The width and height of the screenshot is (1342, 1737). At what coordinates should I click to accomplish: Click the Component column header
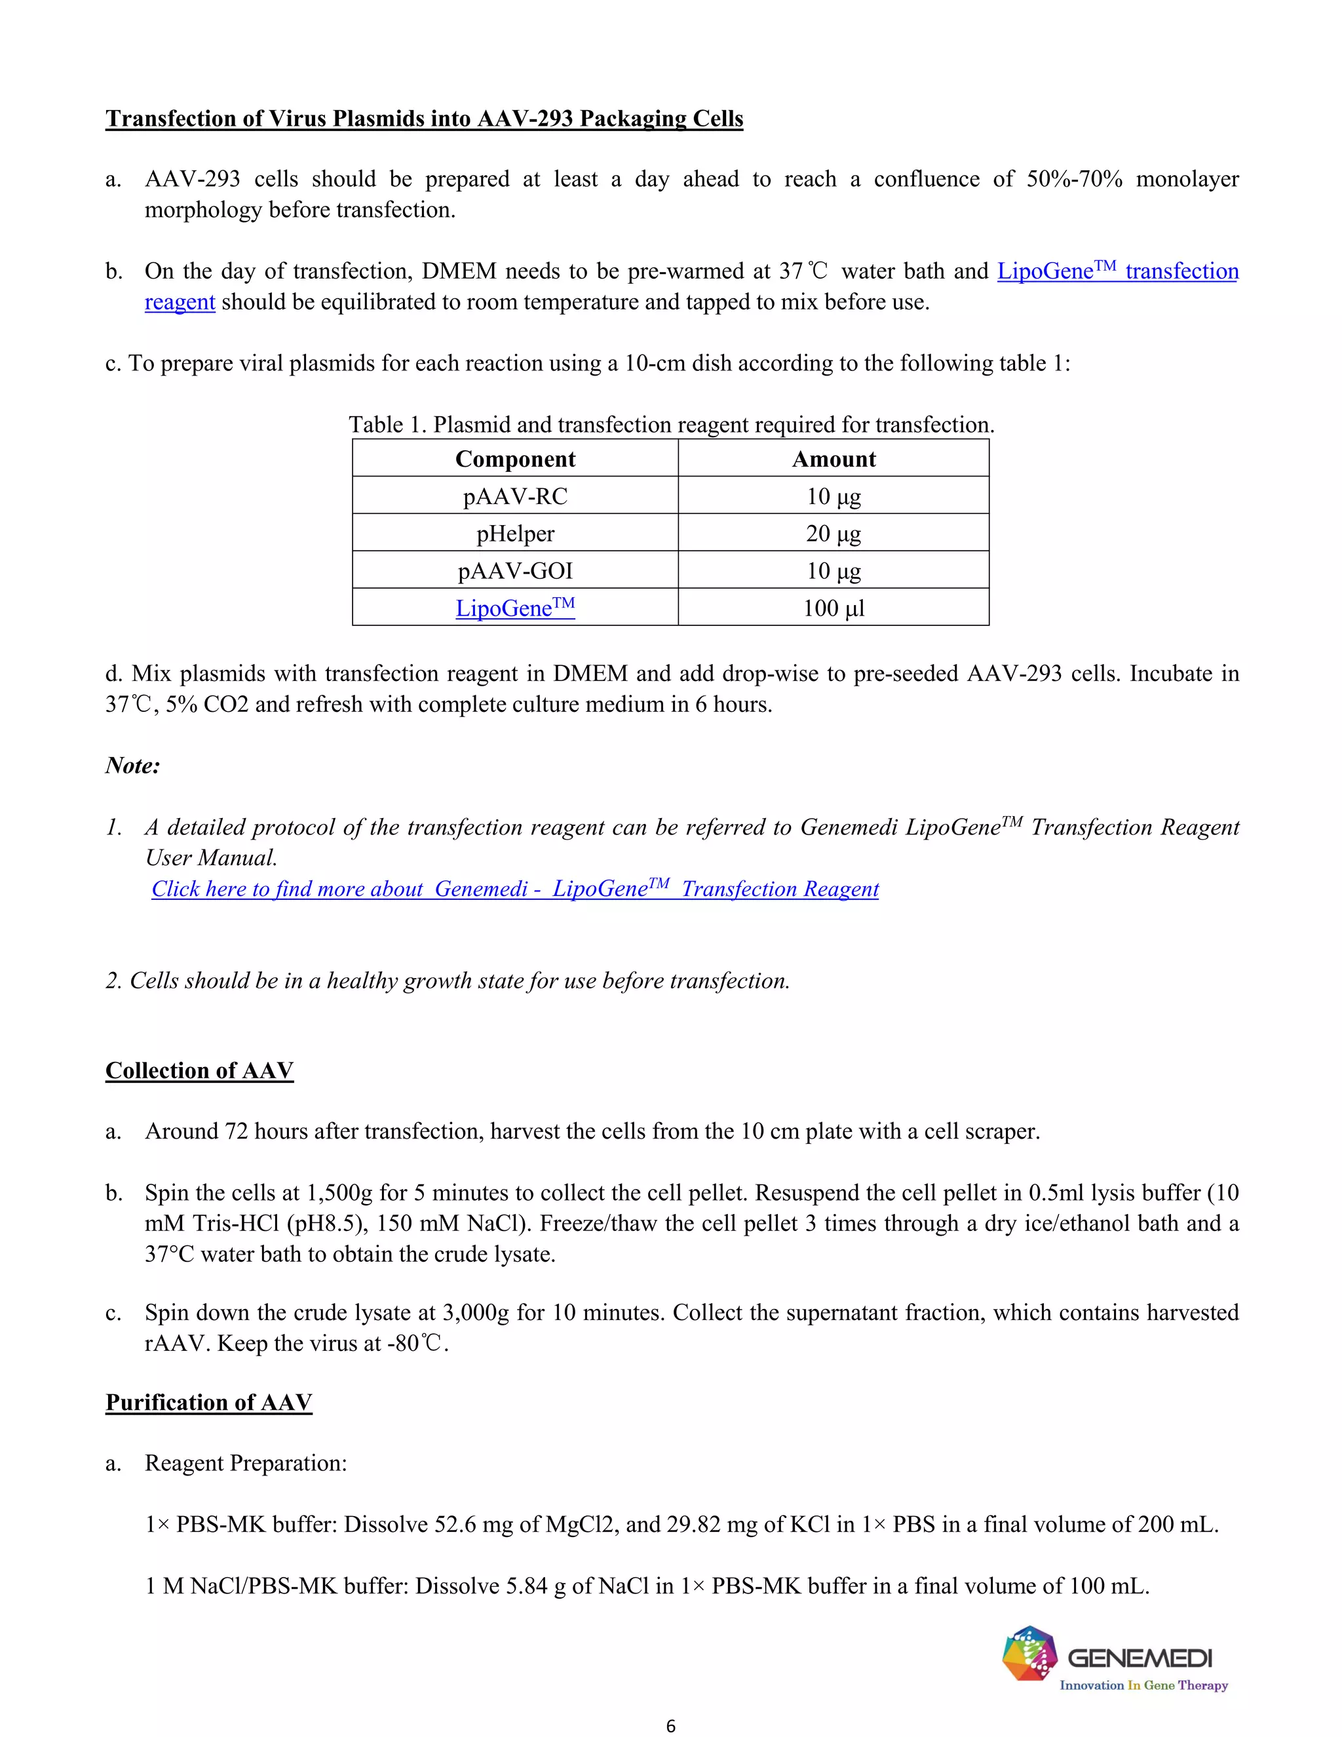pos(514,459)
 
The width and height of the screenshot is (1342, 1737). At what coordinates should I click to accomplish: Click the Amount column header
pos(834,459)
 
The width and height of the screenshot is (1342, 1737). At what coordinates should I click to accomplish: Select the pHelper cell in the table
pos(514,533)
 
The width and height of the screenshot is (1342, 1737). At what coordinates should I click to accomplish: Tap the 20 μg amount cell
pos(834,533)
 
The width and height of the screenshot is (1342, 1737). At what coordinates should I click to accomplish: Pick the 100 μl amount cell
pos(834,608)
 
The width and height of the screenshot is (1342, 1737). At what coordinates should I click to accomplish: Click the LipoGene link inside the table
pos(514,608)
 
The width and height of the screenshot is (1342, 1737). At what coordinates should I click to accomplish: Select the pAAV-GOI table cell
pos(514,570)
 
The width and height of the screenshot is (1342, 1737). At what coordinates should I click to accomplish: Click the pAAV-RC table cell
pos(514,496)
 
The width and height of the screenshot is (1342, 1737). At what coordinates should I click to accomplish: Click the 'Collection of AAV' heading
pos(200,1070)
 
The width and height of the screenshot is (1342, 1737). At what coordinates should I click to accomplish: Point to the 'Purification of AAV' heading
pos(208,1401)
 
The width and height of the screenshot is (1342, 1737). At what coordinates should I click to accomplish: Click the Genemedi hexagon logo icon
pos(1029,1654)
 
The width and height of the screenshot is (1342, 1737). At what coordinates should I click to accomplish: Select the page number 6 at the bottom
pos(670,1725)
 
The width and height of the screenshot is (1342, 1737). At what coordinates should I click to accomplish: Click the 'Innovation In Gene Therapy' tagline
pos(1143,1685)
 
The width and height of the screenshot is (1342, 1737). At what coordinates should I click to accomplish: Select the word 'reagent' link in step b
pos(180,302)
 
